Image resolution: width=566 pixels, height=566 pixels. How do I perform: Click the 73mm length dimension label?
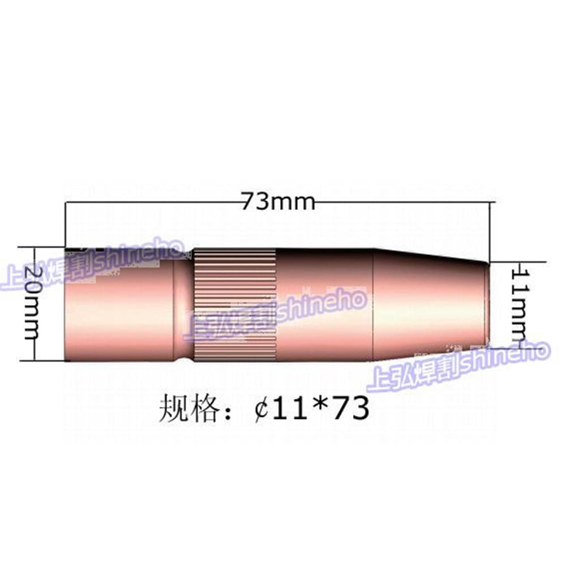click(278, 201)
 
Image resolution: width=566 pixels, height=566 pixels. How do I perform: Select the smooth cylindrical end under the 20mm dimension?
click(119, 317)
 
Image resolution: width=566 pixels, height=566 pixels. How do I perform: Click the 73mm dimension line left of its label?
click(153, 201)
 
